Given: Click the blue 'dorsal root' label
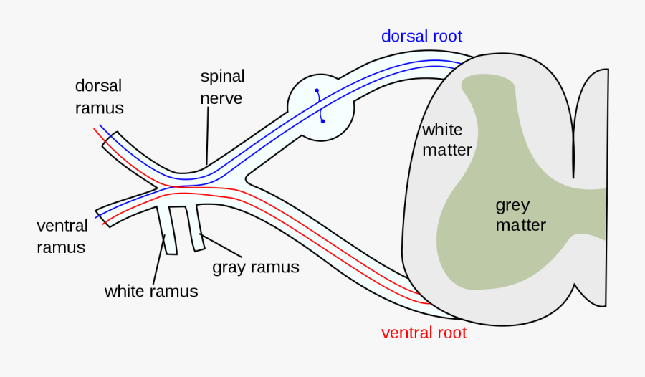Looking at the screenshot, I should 421,37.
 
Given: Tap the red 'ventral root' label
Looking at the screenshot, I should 424,333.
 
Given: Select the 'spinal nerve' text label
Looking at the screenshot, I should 222,87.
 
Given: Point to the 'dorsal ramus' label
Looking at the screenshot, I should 100,97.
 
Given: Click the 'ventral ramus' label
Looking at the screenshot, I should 62,237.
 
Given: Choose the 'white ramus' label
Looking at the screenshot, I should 151,291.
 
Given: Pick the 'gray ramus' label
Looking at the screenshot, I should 255,267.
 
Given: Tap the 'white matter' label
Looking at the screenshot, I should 446,140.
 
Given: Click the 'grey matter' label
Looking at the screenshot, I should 520,215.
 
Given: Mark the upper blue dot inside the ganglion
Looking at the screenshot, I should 316,91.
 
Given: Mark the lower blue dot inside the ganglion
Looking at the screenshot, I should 323,121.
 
